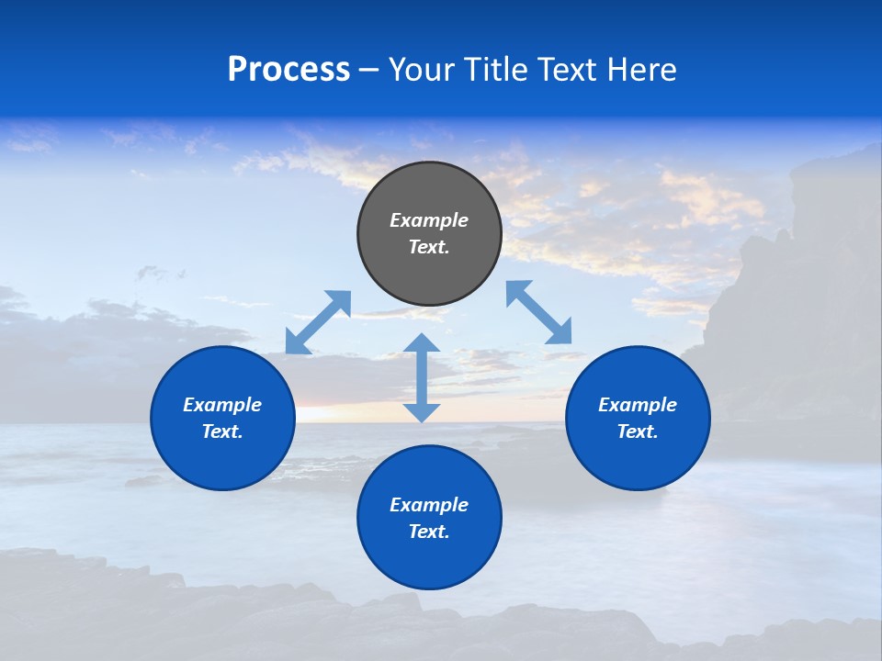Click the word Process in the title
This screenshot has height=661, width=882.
tap(288, 70)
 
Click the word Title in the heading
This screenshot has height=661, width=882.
tap(493, 70)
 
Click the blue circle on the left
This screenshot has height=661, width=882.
tap(222, 459)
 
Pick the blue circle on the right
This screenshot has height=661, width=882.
tap(638, 459)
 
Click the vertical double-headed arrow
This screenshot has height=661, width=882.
tap(422, 378)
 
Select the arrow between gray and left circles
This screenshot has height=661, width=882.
tap(318, 322)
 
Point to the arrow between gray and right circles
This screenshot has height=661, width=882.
tap(539, 312)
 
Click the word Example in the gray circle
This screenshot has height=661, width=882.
tap(429, 220)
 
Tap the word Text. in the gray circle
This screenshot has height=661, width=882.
tap(429, 247)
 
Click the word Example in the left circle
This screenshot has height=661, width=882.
tap(222, 405)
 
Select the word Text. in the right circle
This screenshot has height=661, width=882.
tap(638, 431)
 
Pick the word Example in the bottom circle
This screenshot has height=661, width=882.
tap(429, 505)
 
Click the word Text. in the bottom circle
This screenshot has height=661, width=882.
tap(429, 532)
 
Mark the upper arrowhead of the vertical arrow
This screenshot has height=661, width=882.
tap(422, 345)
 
